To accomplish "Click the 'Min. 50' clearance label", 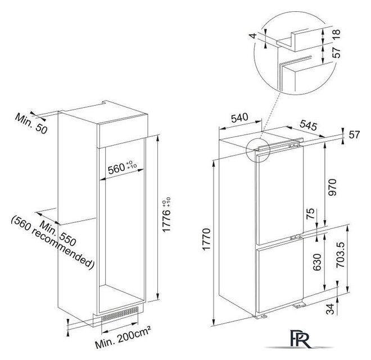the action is tap(31, 123).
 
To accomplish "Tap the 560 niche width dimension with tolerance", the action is tap(122, 167).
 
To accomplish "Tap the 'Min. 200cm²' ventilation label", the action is tap(123, 337).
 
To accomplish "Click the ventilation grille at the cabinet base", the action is tap(120, 314).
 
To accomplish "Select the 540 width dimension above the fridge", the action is tap(239, 118).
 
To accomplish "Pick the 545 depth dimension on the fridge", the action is tap(308, 125).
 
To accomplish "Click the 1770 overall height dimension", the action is tap(206, 239).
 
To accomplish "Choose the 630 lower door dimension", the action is tap(317, 262).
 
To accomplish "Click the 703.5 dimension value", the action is tap(341, 255).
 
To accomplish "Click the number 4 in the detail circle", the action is tap(253, 36).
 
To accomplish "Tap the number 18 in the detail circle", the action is tap(336, 34).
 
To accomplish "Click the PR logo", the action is tap(298, 340).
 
